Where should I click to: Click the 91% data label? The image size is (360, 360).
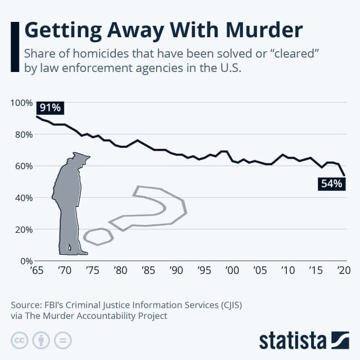49,107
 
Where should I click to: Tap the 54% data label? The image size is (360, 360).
331,183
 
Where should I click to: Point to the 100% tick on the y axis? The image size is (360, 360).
22,102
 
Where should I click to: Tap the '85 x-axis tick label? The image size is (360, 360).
148,271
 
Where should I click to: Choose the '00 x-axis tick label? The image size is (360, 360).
232,271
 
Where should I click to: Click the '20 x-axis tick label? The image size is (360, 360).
343,271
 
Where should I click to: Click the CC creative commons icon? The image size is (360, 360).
19,340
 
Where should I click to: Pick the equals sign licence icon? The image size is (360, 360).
63,340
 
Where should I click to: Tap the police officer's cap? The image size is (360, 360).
80,157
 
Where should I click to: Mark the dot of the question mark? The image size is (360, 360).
98,236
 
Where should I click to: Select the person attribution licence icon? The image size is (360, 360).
41,340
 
